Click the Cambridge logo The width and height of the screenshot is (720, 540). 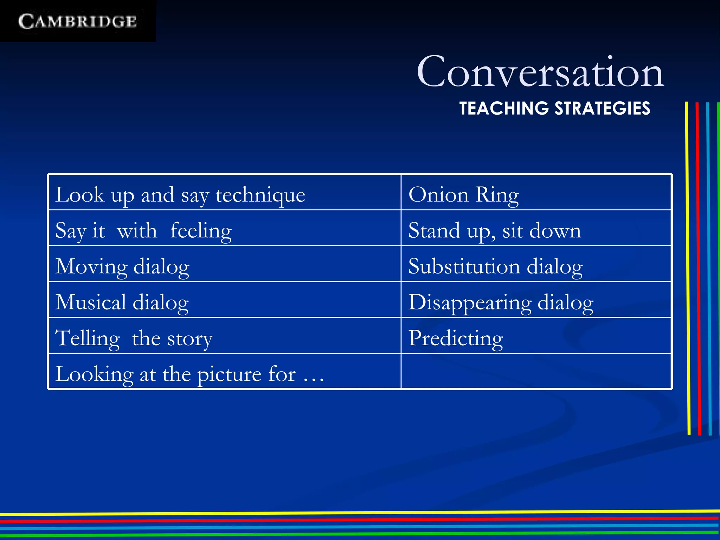tap(77, 21)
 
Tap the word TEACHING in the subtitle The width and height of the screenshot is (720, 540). tap(504, 108)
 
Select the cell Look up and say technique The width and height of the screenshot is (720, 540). tap(180, 194)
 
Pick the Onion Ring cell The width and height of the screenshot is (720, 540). tap(463, 194)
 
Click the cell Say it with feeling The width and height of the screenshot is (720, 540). tap(143, 230)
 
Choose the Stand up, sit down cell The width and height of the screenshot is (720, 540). tap(494, 230)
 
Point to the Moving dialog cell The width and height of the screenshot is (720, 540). tap(122, 266)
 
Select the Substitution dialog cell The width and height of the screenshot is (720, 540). tap(495, 266)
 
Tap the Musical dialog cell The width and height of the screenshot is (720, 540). tap(122, 302)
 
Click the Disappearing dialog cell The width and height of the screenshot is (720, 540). tap(501, 302)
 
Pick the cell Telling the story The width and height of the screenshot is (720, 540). tap(134, 338)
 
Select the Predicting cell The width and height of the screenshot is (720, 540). tap(456, 338)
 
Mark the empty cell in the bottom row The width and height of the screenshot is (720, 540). tap(536, 371)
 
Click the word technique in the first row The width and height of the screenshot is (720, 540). tap(260, 194)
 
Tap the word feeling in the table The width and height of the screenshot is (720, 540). tap(201, 230)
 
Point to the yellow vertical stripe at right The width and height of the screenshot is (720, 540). tap(688, 267)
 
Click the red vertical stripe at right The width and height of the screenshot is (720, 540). tap(698, 267)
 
